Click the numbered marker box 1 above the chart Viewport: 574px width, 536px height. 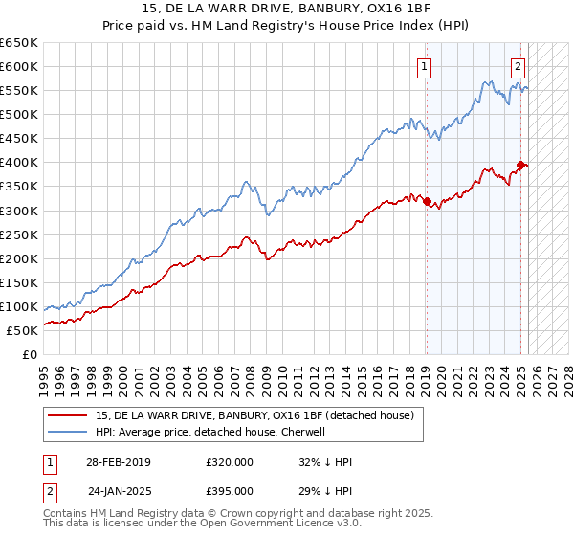coord(423,67)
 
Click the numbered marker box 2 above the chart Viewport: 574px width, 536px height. coord(518,67)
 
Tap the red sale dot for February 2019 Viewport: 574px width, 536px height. coord(427,201)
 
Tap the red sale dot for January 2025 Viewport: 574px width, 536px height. coord(520,165)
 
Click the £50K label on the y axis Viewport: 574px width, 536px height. coord(22,330)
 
